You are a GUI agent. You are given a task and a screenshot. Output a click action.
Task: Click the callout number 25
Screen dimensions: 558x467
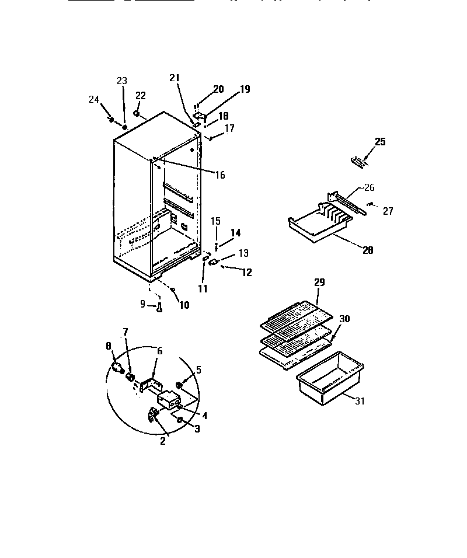380,142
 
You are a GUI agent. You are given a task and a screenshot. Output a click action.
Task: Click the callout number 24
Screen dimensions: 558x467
94,99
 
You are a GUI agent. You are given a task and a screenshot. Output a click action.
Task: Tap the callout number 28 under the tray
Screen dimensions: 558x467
367,252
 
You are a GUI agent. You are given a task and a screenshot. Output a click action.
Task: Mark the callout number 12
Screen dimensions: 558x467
247,272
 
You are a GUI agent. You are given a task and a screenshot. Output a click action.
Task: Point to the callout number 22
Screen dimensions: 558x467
141,96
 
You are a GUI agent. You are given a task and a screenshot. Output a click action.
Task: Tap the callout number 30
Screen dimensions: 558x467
344,319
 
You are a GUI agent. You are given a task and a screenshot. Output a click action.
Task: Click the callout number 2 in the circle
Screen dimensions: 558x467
162,441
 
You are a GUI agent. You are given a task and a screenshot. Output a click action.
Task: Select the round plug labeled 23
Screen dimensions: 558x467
124,127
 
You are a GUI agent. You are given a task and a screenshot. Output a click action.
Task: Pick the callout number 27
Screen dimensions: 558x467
388,211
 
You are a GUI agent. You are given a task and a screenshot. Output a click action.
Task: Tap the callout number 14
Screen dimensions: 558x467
235,232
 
